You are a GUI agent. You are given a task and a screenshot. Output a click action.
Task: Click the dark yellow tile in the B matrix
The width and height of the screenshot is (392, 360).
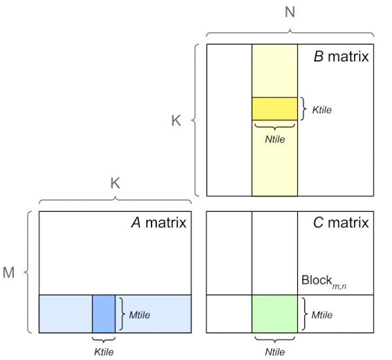[x=274, y=108]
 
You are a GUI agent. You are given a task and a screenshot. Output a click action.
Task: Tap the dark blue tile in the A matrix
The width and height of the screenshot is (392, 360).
[x=104, y=314]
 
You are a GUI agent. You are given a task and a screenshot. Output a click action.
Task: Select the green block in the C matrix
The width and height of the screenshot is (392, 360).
[x=274, y=314]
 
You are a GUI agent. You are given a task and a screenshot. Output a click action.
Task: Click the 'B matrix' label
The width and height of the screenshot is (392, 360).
[x=341, y=56]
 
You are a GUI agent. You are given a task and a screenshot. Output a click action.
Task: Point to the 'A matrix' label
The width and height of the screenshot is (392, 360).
[x=159, y=223]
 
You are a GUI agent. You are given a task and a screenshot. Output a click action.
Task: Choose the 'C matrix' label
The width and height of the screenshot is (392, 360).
[x=341, y=223]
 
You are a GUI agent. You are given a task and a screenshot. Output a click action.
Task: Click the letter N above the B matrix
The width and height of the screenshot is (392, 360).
[x=290, y=12]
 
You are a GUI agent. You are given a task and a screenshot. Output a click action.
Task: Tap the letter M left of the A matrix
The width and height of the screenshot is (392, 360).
[x=8, y=272]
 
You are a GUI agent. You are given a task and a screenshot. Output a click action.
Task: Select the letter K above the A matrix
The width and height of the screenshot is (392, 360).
[x=115, y=183]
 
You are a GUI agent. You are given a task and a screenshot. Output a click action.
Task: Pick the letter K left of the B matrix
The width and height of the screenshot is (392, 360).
[x=176, y=121]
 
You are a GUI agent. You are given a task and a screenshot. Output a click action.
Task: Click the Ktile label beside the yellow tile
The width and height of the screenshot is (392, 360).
[x=322, y=110]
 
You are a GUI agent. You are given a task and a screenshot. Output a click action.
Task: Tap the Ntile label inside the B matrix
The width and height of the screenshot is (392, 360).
[x=275, y=139]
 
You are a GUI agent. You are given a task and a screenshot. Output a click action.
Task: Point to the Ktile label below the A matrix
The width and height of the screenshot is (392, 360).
[x=104, y=352]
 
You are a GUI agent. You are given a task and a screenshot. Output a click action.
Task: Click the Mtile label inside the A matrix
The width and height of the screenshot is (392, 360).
[x=140, y=315]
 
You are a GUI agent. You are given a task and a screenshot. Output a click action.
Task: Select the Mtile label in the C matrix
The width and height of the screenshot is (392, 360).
[x=322, y=315]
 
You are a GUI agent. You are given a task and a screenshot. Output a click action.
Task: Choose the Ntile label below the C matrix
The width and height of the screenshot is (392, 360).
[x=275, y=352]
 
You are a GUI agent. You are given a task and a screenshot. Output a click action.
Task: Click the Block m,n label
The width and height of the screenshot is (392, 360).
[x=324, y=282]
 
